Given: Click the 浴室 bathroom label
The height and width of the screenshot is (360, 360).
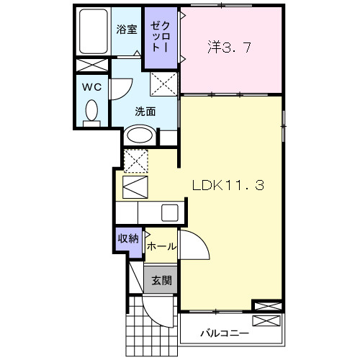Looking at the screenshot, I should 127,30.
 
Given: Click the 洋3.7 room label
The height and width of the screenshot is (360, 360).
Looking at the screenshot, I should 230,49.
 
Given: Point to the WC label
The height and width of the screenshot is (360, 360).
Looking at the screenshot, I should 91,87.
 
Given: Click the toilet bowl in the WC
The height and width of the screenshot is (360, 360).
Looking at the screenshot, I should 91,112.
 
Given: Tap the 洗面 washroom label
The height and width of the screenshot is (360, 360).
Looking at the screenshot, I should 146,112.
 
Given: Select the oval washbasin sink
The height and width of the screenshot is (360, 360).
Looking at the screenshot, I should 140,135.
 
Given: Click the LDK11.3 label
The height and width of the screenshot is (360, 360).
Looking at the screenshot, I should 228,184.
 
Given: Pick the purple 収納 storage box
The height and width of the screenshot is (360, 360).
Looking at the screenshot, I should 128,240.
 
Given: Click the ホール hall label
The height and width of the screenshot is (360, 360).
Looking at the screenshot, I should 161,246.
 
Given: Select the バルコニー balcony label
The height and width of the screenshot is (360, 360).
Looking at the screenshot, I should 225,334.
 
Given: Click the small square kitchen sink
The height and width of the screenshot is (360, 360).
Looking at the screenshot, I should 169,212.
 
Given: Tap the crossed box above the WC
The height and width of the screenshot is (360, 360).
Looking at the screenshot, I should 92,65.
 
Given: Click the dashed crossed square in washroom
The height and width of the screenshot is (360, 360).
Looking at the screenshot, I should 163,85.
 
